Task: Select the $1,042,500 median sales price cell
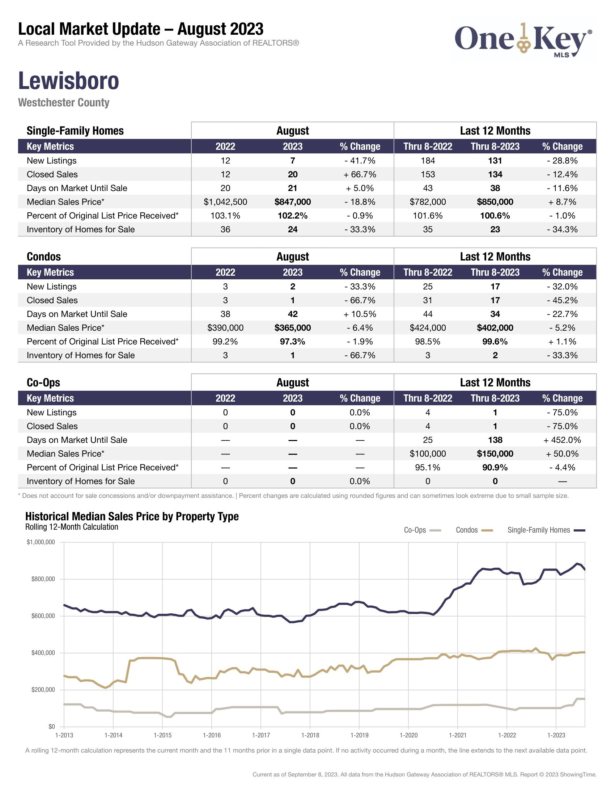[225, 202]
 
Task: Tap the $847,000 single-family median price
[293, 202]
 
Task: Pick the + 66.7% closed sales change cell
[360, 174]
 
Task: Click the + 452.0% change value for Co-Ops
[562, 440]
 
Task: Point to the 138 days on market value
[495, 440]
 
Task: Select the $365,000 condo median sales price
[293, 328]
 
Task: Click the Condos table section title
[44, 257]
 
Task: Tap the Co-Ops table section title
[43, 382]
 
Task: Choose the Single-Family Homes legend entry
[546, 530]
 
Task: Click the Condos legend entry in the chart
[474, 530]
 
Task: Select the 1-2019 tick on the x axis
[359, 735]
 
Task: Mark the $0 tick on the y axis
[51, 727]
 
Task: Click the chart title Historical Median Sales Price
[132, 516]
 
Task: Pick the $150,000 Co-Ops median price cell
[495, 454]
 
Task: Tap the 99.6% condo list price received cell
[495, 342]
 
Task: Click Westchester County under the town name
[64, 102]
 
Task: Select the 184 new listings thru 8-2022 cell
[427, 161]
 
